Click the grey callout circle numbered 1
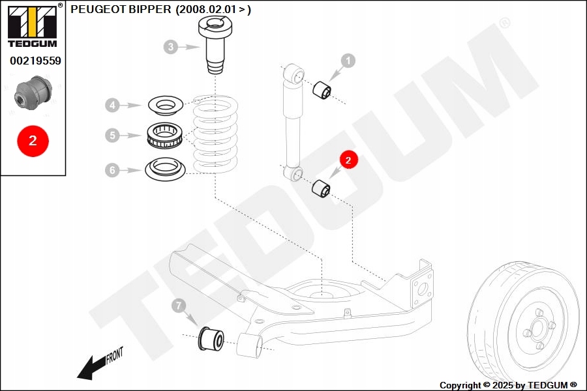348,61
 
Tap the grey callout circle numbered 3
171,47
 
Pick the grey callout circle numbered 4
113,104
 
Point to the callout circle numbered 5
113,136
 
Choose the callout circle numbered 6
113,170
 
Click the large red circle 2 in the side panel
33,139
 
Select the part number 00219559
35,61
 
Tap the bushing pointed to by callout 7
211,338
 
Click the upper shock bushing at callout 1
322,91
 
